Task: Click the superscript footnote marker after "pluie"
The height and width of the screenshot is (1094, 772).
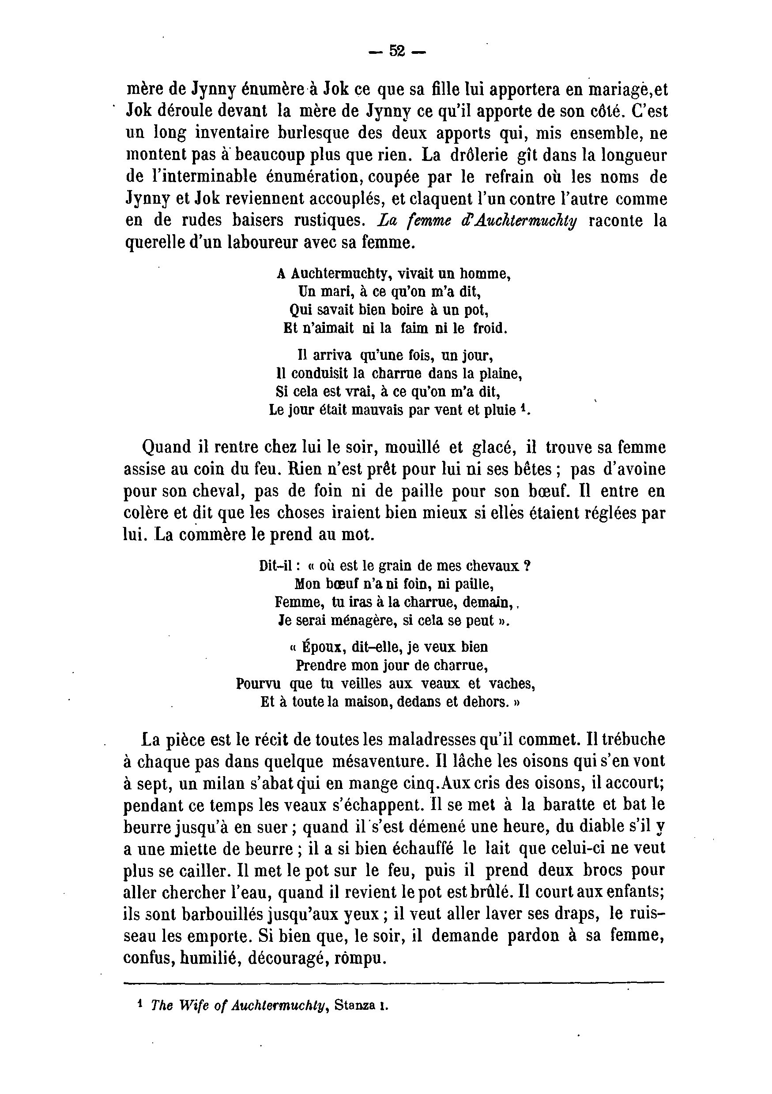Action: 523,407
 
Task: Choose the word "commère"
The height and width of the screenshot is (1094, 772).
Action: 208,534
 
